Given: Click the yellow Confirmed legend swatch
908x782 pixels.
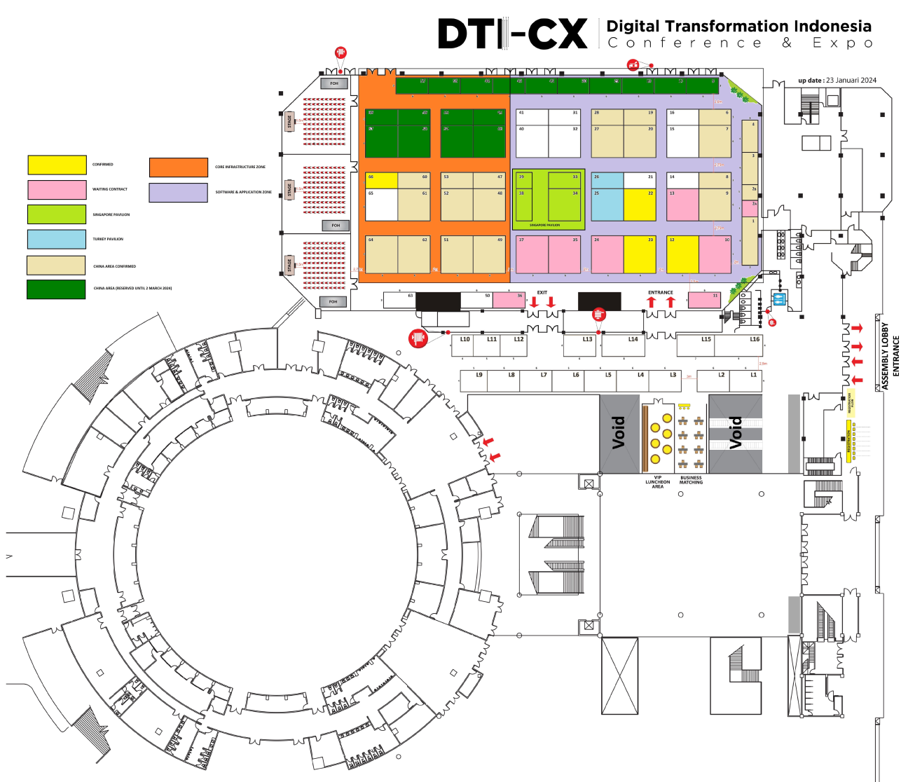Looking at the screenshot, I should tap(57, 165).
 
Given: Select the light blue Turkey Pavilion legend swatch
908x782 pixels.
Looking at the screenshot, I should tap(57, 239).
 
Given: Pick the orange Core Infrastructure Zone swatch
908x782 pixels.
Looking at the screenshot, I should tap(178, 167).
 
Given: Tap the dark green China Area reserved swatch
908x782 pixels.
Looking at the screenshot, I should tap(56, 289).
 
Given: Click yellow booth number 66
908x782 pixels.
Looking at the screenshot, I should tap(381, 180).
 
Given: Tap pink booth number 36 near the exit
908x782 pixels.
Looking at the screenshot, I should tap(509, 300).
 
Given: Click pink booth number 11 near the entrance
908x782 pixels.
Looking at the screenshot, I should tap(704, 300).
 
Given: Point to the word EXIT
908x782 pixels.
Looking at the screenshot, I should tap(542, 292).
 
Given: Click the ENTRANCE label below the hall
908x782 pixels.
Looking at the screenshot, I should tap(660, 292).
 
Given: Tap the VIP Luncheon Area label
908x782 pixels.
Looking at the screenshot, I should tap(657, 482).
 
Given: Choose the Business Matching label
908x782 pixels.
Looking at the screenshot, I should tap(691, 480).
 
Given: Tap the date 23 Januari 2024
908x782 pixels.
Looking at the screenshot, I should tap(851, 80).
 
